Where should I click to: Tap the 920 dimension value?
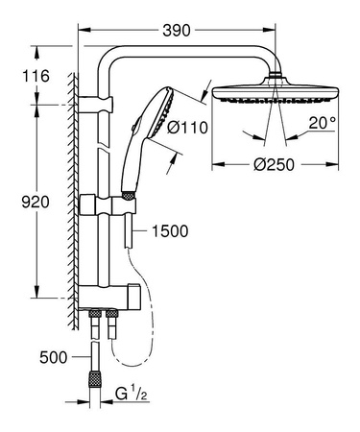pos(19,202)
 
